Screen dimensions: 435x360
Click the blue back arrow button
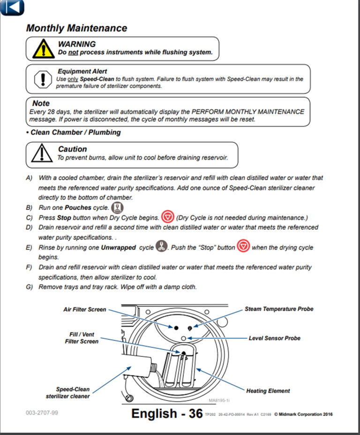13,7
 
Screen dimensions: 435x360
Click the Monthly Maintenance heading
76,28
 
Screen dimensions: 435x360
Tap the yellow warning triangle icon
43,49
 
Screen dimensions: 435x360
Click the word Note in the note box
41,103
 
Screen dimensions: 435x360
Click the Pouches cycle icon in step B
118,207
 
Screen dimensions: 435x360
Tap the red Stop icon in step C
167,218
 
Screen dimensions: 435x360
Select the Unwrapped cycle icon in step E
162,247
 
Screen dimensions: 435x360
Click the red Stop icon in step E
243,246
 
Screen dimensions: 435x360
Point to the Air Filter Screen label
85,310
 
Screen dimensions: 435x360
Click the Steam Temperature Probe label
279,309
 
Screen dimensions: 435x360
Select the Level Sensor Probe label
274,338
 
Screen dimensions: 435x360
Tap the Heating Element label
268,391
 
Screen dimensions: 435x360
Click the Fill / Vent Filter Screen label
82,338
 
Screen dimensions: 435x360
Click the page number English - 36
167,413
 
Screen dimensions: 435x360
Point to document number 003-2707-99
42,413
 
